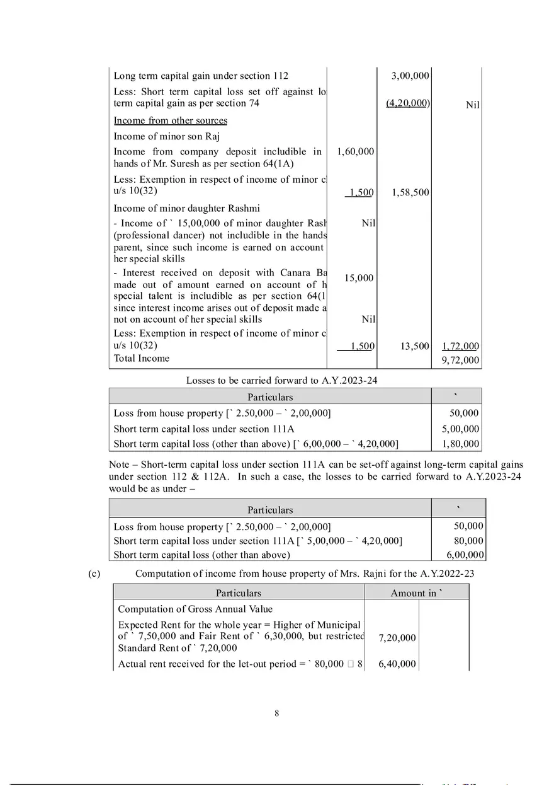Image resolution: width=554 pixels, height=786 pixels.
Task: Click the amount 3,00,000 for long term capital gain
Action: tap(410, 76)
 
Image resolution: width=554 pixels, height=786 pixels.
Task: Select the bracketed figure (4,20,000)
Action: tap(407, 103)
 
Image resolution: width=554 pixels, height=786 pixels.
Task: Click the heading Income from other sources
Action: tap(170, 120)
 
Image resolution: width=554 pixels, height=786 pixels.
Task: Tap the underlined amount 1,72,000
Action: tap(460, 346)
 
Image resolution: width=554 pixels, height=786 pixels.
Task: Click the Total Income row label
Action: tap(141, 359)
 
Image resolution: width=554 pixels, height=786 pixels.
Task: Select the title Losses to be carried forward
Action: tap(281, 380)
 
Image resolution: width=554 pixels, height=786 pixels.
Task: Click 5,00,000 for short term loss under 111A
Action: tap(460, 429)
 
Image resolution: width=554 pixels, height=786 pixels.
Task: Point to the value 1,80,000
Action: tap(460, 444)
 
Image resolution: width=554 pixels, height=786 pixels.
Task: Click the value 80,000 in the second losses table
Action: tap(468, 541)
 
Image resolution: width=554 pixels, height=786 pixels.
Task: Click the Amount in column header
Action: tap(416, 593)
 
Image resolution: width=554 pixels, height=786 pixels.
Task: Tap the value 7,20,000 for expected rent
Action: tap(397, 638)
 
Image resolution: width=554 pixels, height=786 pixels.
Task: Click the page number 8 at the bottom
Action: tap(276, 714)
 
